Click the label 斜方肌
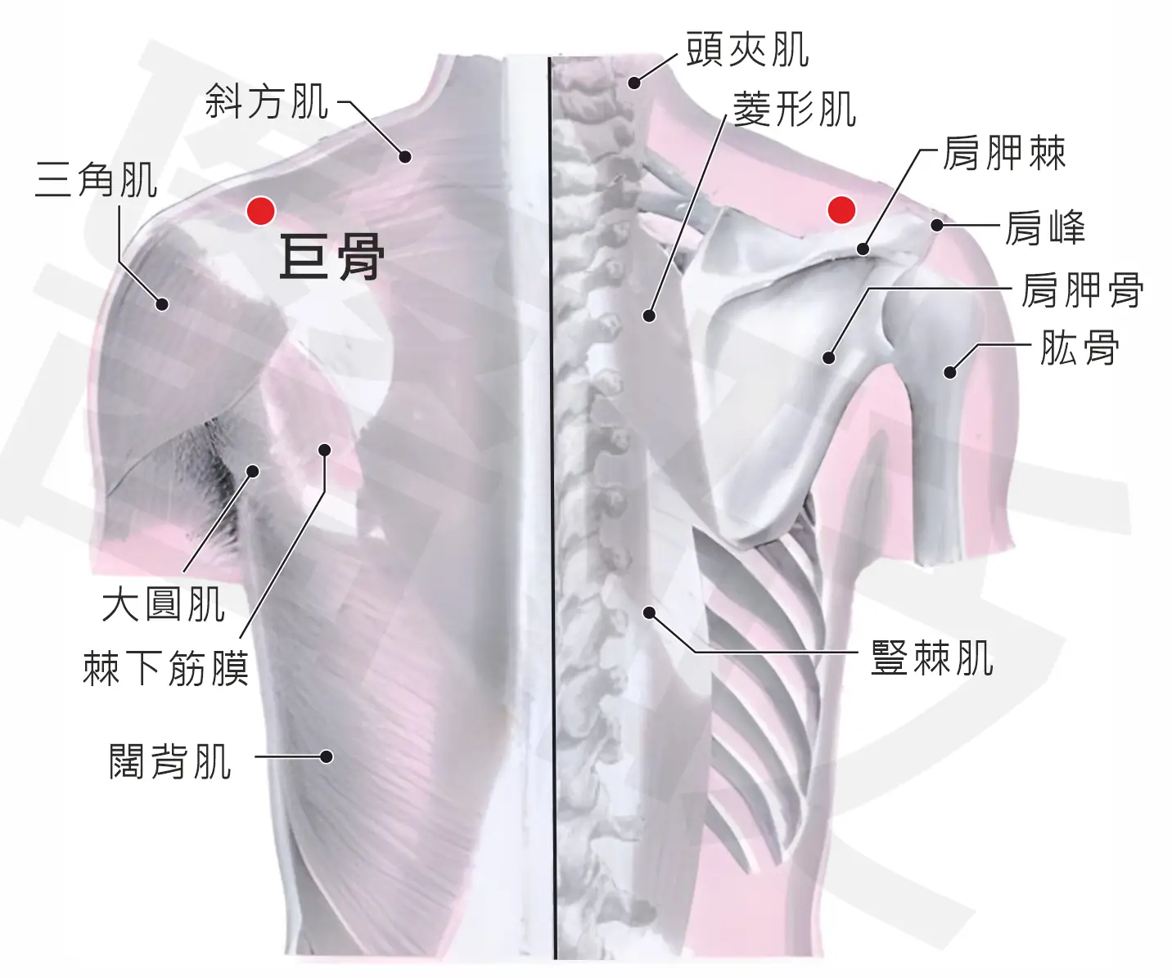click(267, 101)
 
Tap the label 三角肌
click(96, 179)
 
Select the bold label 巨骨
click(332, 257)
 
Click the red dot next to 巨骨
click(261, 211)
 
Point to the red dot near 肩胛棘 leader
click(841, 209)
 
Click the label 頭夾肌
click(748, 49)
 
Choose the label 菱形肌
click(795, 110)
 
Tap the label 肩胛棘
click(1004, 153)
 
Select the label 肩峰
click(1045, 227)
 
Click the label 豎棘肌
click(932, 657)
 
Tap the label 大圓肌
click(164, 604)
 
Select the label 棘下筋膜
click(166, 668)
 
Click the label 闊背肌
click(170, 761)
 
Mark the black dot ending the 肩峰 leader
click(937, 226)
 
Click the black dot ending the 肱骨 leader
click(949, 372)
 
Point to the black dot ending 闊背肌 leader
click(326, 757)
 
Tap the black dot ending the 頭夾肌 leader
click(634, 83)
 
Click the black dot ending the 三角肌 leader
click(162, 304)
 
